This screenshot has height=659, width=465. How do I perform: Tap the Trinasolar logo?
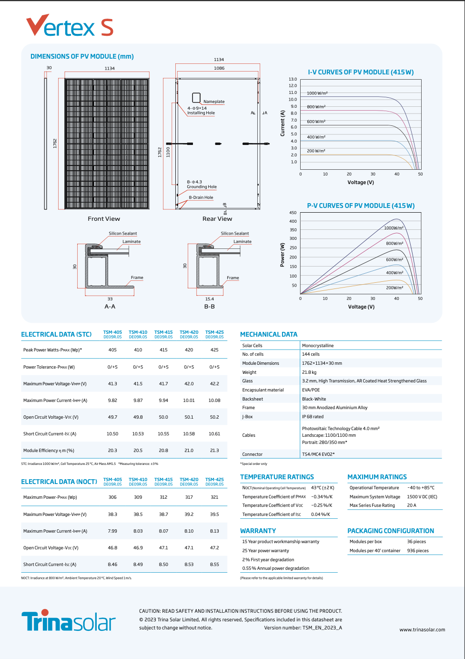pos(69,620)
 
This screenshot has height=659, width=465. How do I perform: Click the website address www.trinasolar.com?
pos(422,629)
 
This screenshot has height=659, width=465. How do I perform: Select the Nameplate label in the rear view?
pos(214,102)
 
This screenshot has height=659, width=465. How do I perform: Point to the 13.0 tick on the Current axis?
pos(293,79)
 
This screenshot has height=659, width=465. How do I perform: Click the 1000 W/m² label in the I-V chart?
pos(317,93)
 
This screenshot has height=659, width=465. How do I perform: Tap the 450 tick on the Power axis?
pos(293,213)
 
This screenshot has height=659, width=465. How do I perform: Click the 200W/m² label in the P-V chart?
pos(394,288)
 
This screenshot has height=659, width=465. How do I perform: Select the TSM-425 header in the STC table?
pos(214,334)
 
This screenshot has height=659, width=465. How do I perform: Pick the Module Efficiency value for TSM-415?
pos(163,451)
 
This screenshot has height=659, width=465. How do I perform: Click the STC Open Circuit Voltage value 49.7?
pos(112,417)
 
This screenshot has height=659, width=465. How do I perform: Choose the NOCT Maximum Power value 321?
pos(214,497)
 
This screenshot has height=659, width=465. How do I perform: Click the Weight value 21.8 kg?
pos(309,372)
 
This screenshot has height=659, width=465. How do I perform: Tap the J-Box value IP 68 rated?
pos(313,417)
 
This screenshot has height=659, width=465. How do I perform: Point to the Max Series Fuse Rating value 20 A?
pos(412,505)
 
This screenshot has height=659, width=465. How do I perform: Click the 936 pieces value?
pos(418,551)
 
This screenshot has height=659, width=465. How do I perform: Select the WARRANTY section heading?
pos(258,531)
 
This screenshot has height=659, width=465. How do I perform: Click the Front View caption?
pos(104,219)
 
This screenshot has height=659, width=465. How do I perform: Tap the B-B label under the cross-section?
pos(210,307)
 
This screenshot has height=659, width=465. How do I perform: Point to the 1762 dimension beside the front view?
pos(55,143)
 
